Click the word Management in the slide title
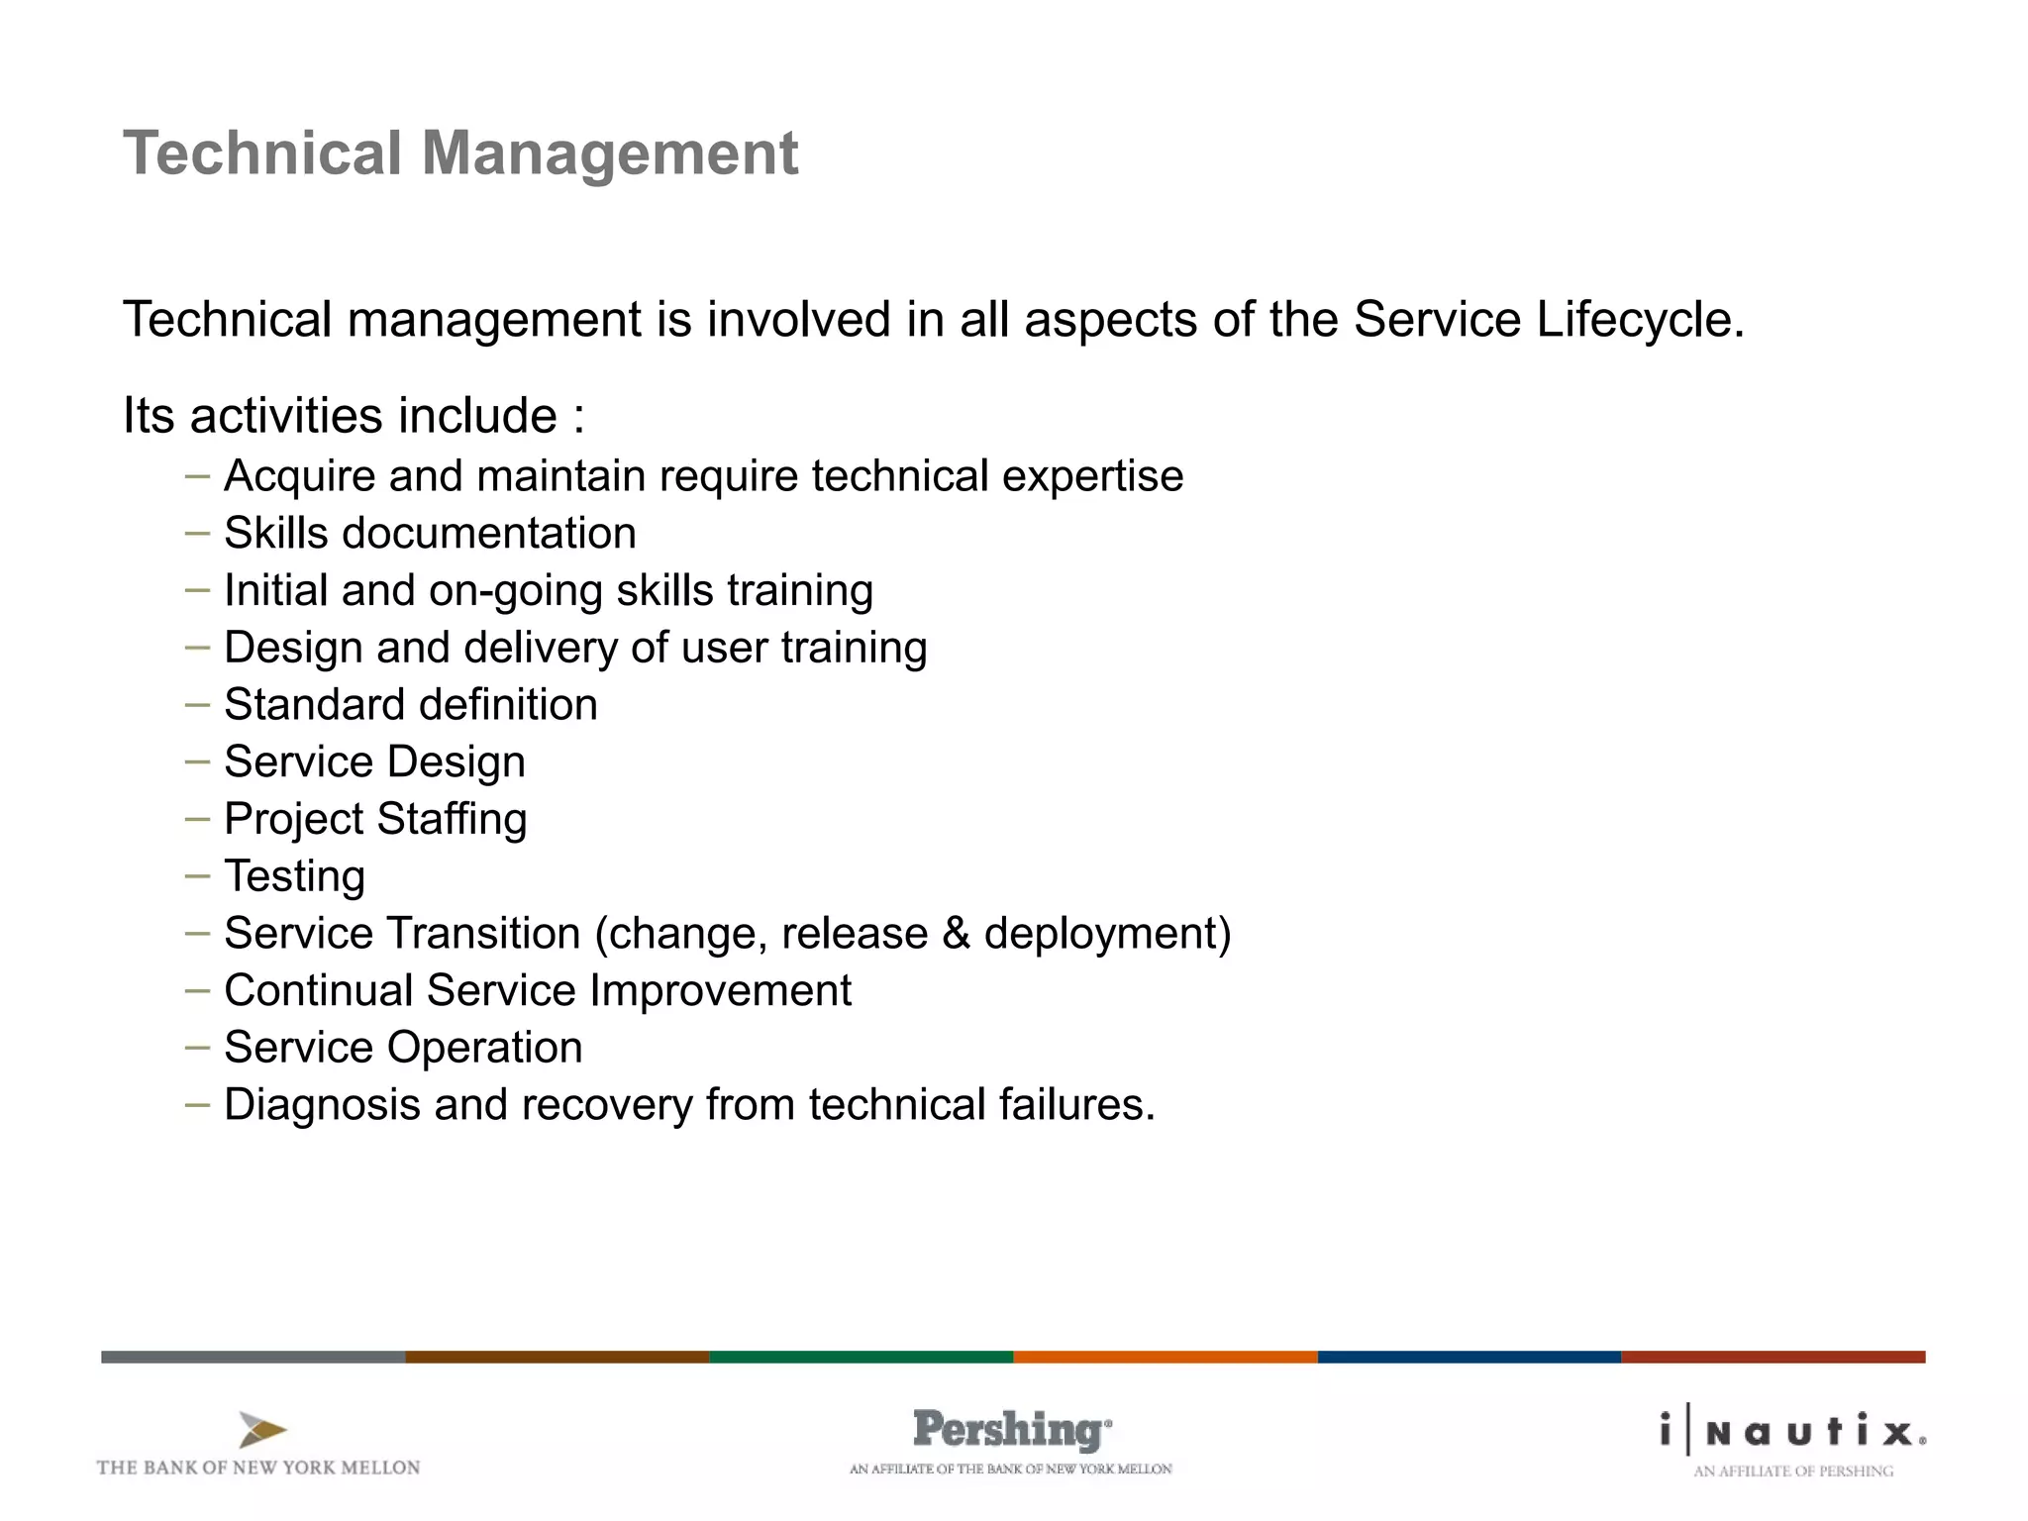click(609, 153)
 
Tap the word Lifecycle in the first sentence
click(1639, 320)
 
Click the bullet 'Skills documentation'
click(430, 534)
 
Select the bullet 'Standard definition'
click(411, 705)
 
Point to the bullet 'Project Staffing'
click(375, 820)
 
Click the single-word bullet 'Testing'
click(295, 876)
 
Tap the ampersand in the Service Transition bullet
click(956, 934)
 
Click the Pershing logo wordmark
click(1011, 1430)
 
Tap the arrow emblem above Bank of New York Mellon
click(262, 1430)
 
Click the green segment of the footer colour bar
click(861, 1357)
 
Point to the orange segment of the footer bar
click(1165, 1357)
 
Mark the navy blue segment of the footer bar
click(1469, 1357)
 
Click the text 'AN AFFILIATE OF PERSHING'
click(1793, 1471)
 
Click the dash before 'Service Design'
click(197, 761)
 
